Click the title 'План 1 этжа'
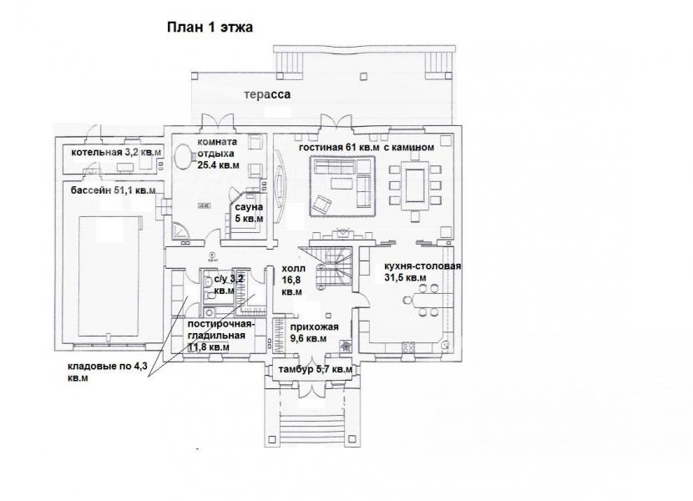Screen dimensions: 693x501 210,28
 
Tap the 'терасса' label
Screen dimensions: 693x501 267,94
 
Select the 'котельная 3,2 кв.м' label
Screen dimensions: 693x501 116,153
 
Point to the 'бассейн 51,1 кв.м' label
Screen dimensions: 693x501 114,190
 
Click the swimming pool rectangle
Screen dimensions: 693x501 109,276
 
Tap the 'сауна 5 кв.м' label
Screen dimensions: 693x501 249,213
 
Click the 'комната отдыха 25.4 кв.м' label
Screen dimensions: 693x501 218,154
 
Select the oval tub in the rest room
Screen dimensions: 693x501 182,156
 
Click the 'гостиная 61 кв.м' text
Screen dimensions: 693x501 339,148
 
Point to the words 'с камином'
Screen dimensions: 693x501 409,148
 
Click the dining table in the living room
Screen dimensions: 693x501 414,186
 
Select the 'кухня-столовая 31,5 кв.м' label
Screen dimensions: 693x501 422,272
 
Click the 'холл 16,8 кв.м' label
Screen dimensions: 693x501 292,281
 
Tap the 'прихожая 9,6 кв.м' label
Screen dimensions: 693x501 314,332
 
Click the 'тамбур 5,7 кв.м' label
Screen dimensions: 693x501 315,369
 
